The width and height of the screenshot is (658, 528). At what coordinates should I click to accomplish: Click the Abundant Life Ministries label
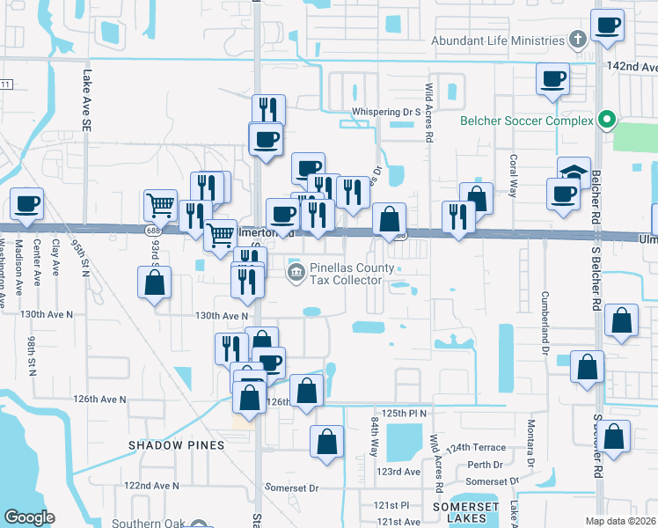click(x=497, y=40)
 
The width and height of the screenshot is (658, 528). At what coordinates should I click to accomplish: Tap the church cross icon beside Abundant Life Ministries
click(x=578, y=40)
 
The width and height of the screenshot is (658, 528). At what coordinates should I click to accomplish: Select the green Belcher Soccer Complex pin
click(x=606, y=120)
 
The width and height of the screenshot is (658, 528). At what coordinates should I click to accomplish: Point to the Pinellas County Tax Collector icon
click(x=296, y=273)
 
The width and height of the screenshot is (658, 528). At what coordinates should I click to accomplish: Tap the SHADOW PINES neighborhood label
click(x=176, y=445)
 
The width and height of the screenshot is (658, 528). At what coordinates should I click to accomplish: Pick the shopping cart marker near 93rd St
click(x=161, y=205)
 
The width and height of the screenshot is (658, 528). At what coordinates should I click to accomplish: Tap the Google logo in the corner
click(x=30, y=517)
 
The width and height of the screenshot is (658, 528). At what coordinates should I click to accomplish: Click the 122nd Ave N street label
click(x=151, y=486)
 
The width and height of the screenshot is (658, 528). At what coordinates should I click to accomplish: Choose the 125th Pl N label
click(x=404, y=413)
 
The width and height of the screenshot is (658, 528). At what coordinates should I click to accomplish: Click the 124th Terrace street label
click(x=476, y=448)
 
